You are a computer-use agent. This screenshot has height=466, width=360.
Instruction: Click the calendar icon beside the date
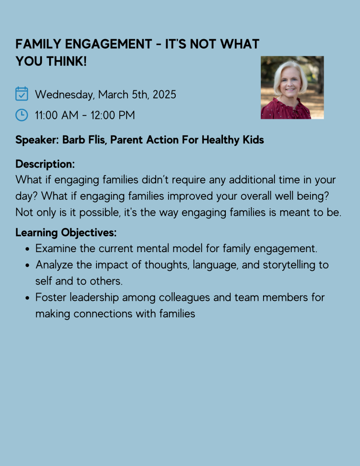tap(22, 94)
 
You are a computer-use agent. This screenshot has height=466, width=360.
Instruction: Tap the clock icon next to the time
tap(22, 115)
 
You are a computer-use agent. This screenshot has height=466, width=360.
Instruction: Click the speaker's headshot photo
tap(292, 87)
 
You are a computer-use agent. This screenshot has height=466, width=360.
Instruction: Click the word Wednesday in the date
tap(64, 95)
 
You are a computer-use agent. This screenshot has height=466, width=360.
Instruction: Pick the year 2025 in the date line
tap(164, 95)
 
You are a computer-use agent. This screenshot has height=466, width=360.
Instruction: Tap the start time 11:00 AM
tap(56, 115)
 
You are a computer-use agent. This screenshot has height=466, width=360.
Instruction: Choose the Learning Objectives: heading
tap(66, 233)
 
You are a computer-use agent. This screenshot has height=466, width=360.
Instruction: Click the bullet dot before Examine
tap(28, 249)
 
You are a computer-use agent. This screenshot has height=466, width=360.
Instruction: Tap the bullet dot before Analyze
tap(28, 265)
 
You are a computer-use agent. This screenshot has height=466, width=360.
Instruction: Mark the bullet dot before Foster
tap(28, 298)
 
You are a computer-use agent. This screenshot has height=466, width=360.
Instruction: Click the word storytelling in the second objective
tap(288, 265)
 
